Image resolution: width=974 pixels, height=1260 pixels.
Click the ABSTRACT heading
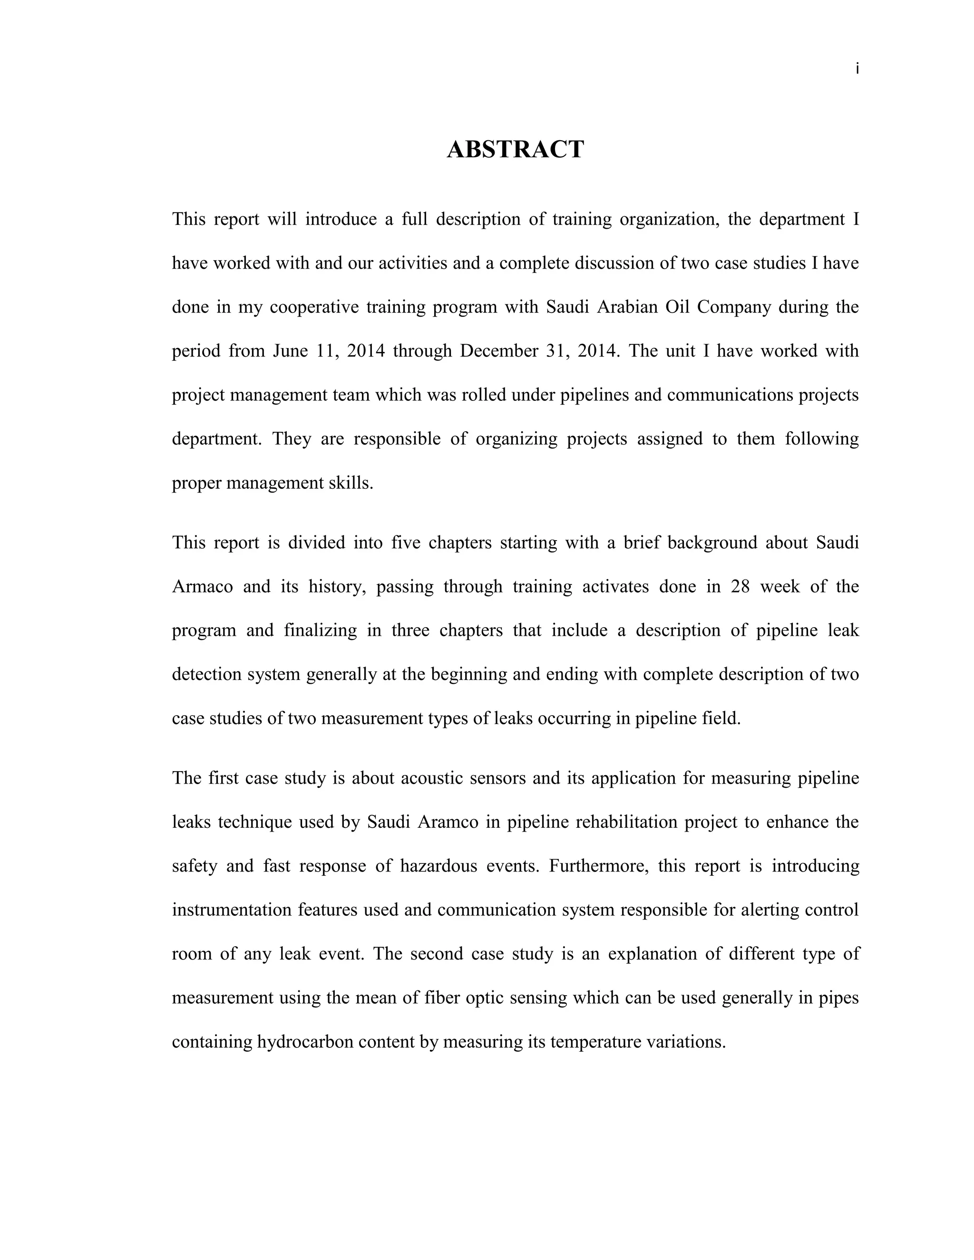(x=515, y=149)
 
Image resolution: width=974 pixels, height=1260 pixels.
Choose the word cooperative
(x=314, y=307)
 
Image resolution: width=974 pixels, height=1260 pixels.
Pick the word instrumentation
(x=232, y=910)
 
